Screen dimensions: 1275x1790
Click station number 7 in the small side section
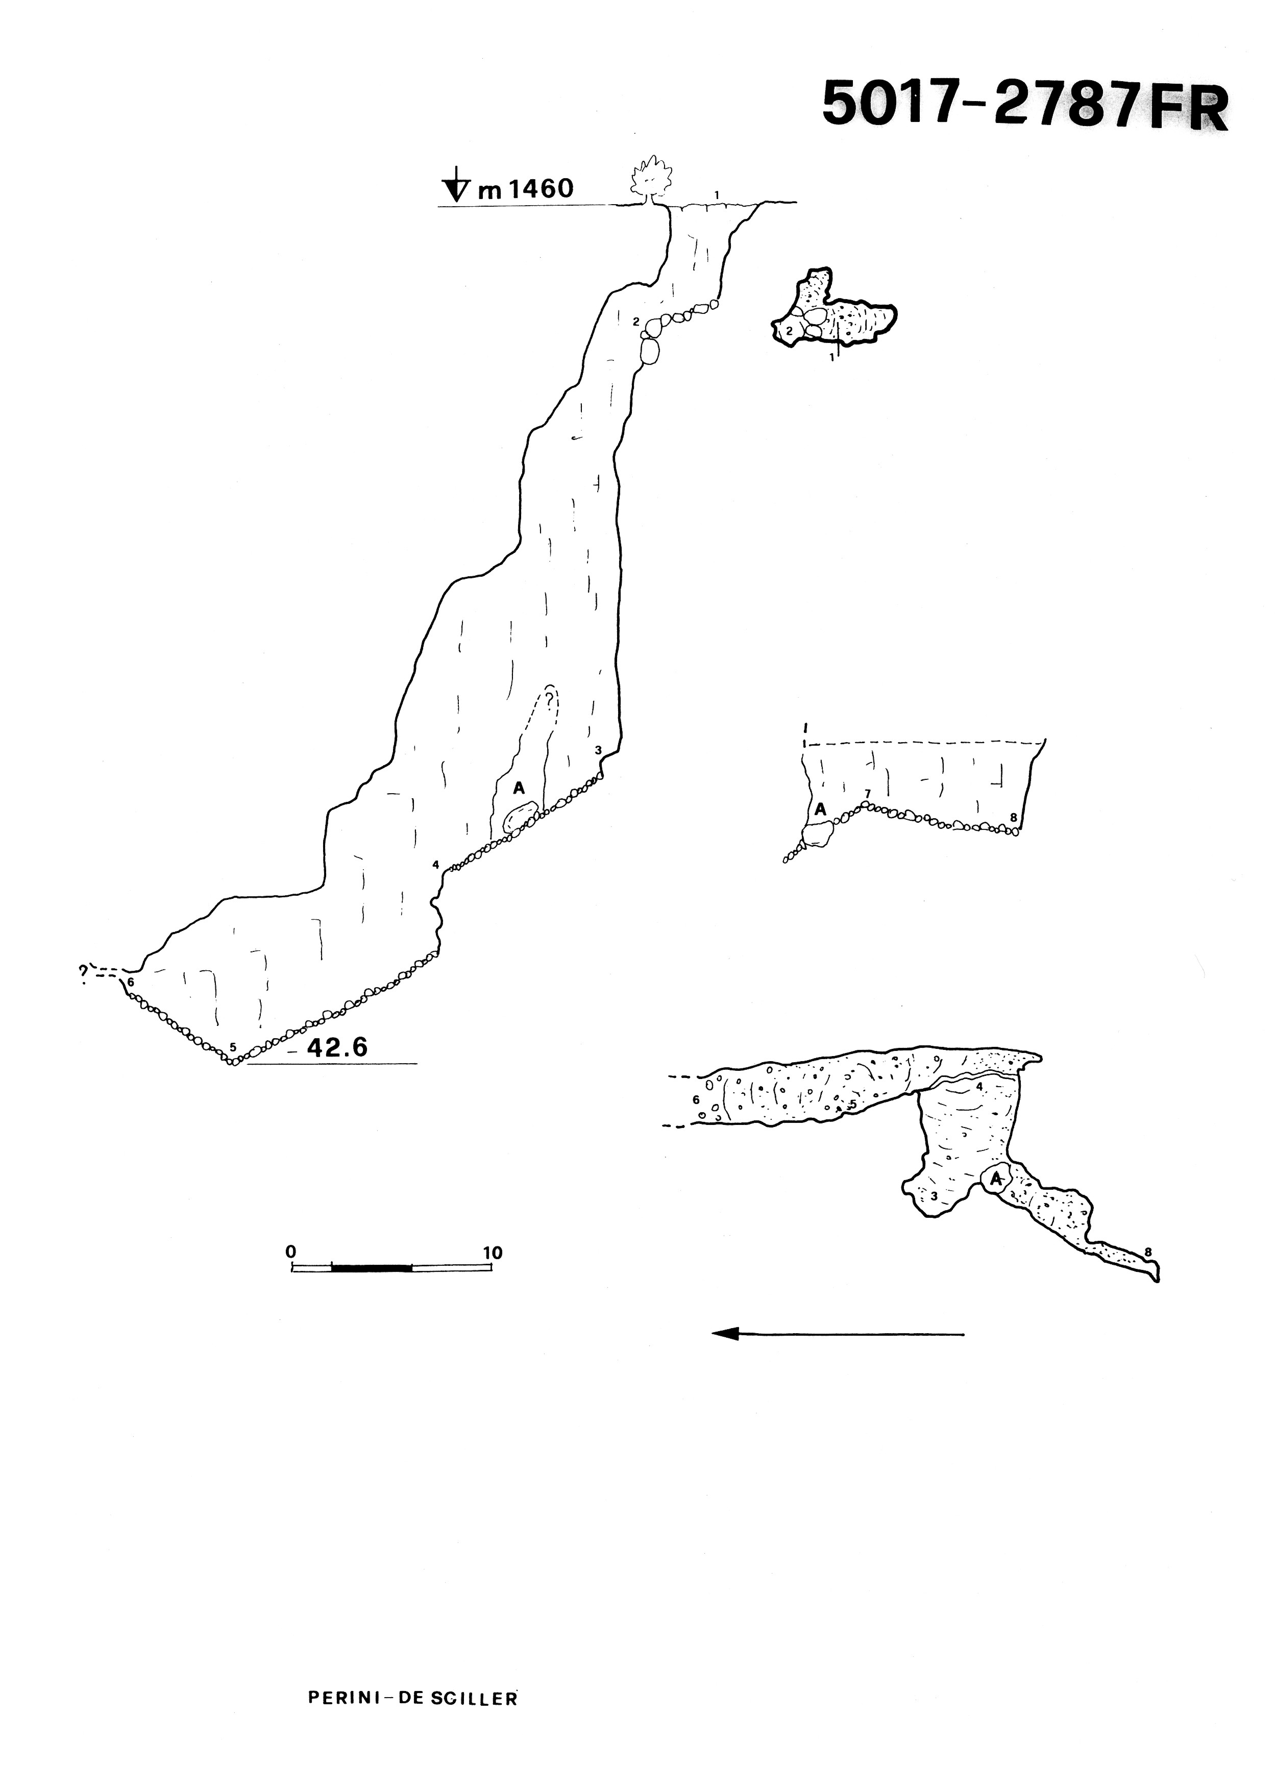(x=867, y=795)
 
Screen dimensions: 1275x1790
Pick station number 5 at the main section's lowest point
(x=233, y=1046)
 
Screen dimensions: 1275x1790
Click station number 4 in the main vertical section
(x=434, y=865)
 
